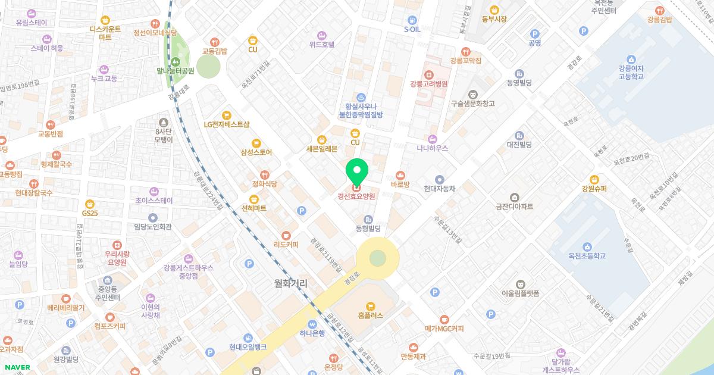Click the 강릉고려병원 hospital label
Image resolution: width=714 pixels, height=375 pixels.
pos(428,84)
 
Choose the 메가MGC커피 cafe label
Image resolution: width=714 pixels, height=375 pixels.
pos(444,329)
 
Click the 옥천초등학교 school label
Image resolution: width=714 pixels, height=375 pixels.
pos(586,256)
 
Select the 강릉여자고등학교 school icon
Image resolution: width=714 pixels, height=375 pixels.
pos(632,59)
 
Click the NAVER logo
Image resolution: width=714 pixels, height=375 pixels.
pos(17,367)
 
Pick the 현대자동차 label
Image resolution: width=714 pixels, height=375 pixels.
pos(439,189)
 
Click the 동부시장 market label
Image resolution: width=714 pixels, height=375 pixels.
pos(494,19)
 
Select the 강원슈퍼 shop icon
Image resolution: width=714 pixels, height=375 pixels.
pos(594,179)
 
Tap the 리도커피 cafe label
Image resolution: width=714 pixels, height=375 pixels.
pos(286,245)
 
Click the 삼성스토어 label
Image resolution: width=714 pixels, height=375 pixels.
pos(256,152)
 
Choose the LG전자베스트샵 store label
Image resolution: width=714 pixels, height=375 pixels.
pos(226,124)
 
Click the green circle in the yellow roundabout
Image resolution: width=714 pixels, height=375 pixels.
pos(377,258)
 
